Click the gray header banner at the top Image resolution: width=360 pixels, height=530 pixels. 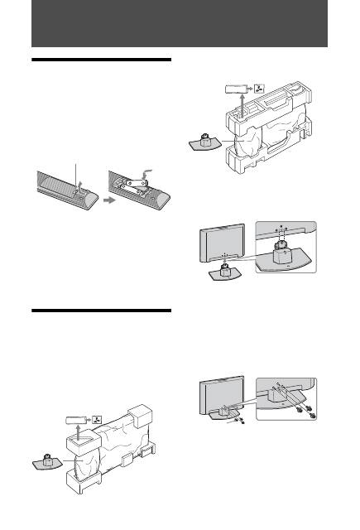coord(180,24)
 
